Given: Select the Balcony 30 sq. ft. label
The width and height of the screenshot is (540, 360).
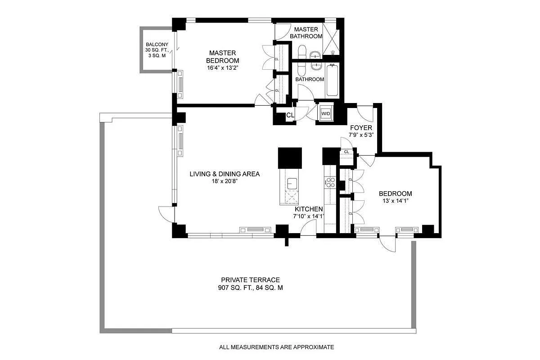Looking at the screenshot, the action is [157, 50].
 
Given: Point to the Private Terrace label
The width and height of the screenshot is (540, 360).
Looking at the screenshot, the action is [251, 280].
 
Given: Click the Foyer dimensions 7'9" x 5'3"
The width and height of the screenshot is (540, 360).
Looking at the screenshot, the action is [361, 135].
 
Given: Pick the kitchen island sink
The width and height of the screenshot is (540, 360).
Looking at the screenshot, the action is [292, 184].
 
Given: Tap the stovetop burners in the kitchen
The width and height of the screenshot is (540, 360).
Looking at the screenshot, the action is [330, 182].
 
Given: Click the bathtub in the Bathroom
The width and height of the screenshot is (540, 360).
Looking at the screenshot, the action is [332, 80].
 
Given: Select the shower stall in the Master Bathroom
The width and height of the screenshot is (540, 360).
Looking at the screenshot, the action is [331, 39].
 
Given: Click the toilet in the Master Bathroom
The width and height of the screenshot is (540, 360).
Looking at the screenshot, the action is [302, 52].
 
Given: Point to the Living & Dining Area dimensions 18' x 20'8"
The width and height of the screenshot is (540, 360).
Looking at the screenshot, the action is [225, 181].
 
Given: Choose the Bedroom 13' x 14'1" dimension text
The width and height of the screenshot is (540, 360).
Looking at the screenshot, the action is [396, 201].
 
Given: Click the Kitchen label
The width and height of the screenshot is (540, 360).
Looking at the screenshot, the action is [309, 209].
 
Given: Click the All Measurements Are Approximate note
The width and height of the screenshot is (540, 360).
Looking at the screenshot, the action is [276, 347].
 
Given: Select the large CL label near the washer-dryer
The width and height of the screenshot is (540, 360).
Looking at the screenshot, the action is [290, 115].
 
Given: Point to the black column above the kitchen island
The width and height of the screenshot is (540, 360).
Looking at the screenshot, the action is [290, 158].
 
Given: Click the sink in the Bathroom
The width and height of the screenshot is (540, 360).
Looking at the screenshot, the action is [316, 66].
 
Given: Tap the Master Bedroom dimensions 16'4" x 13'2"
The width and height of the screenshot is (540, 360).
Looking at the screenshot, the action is [222, 68].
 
